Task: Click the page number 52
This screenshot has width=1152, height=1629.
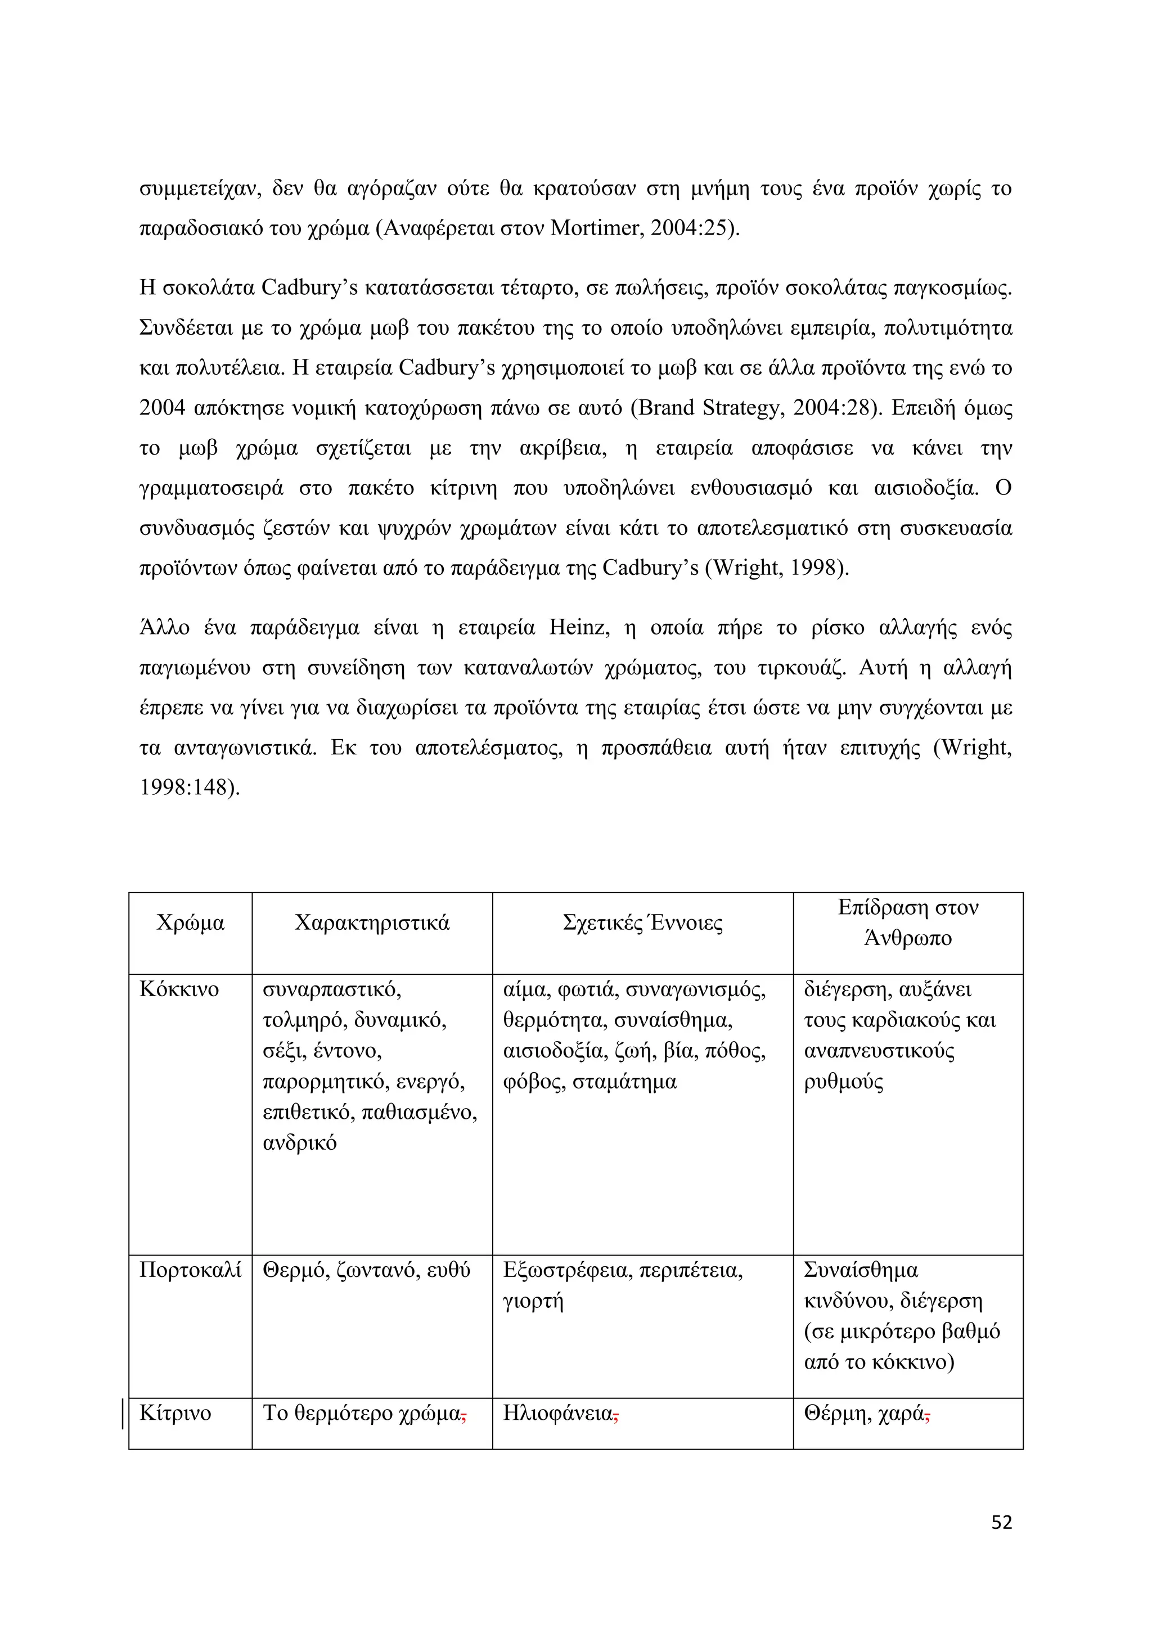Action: pos(1001,1522)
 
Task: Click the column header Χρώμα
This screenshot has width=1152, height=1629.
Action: pos(190,923)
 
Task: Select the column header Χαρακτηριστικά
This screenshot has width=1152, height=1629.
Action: pos(372,923)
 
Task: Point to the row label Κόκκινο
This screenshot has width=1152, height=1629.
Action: pos(179,989)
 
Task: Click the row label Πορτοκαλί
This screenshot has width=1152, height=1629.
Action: pos(190,1270)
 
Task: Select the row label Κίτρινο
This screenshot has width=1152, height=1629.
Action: pos(175,1412)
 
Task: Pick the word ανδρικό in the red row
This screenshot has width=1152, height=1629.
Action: pos(299,1143)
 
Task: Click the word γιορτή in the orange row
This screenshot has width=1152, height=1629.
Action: pos(533,1300)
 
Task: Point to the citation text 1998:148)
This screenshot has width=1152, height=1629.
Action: pos(190,787)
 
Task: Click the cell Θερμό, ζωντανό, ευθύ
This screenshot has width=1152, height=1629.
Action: pos(366,1270)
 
